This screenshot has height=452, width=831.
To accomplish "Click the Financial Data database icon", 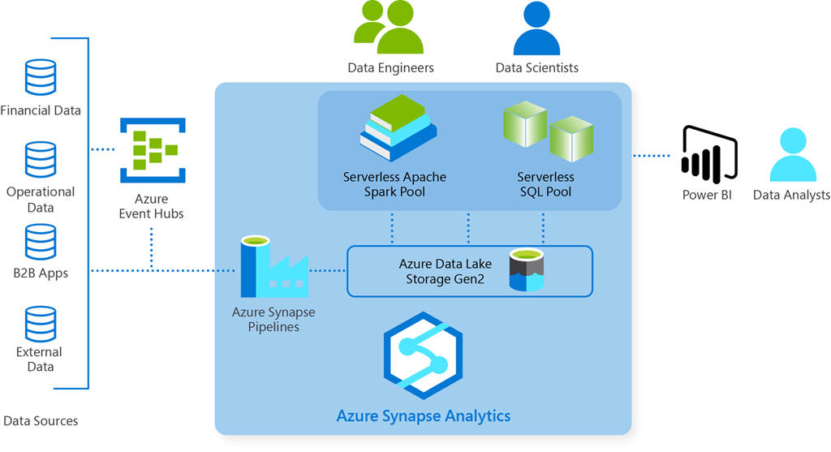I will [x=41, y=78].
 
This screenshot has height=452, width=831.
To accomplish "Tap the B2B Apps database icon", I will [x=41, y=241].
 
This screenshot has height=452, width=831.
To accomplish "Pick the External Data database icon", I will [x=41, y=323].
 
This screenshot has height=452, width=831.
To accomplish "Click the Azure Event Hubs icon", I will [x=153, y=150].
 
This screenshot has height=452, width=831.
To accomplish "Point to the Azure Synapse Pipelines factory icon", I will [x=273, y=268].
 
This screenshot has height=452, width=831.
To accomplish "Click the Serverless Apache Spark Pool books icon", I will [x=398, y=128].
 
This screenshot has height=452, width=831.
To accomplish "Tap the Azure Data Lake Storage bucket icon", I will [x=525, y=270].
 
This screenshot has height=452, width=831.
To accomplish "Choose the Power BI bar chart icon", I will [x=708, y=154].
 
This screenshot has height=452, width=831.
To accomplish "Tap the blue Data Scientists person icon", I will [x=536, y=28].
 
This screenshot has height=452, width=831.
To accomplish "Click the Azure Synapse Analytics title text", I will [x=424, y=416].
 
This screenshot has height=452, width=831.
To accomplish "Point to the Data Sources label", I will [x=41, y=421].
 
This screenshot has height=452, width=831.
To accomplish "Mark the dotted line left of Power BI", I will [x=650, y=155].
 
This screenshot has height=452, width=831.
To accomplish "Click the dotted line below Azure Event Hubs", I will [x=152, y=248].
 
